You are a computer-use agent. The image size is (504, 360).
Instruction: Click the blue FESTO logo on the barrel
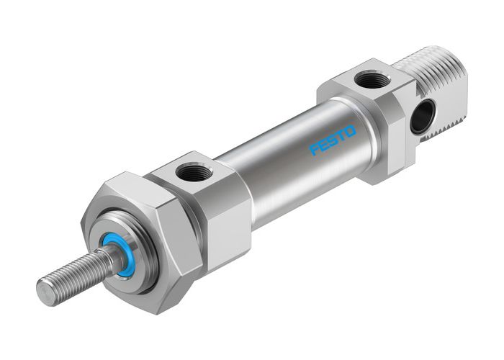point(333,140)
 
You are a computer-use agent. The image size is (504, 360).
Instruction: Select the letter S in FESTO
point(332,140)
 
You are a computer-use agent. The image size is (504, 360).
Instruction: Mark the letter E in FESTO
point(323,145)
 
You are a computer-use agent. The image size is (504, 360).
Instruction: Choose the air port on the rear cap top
point(372,79)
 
